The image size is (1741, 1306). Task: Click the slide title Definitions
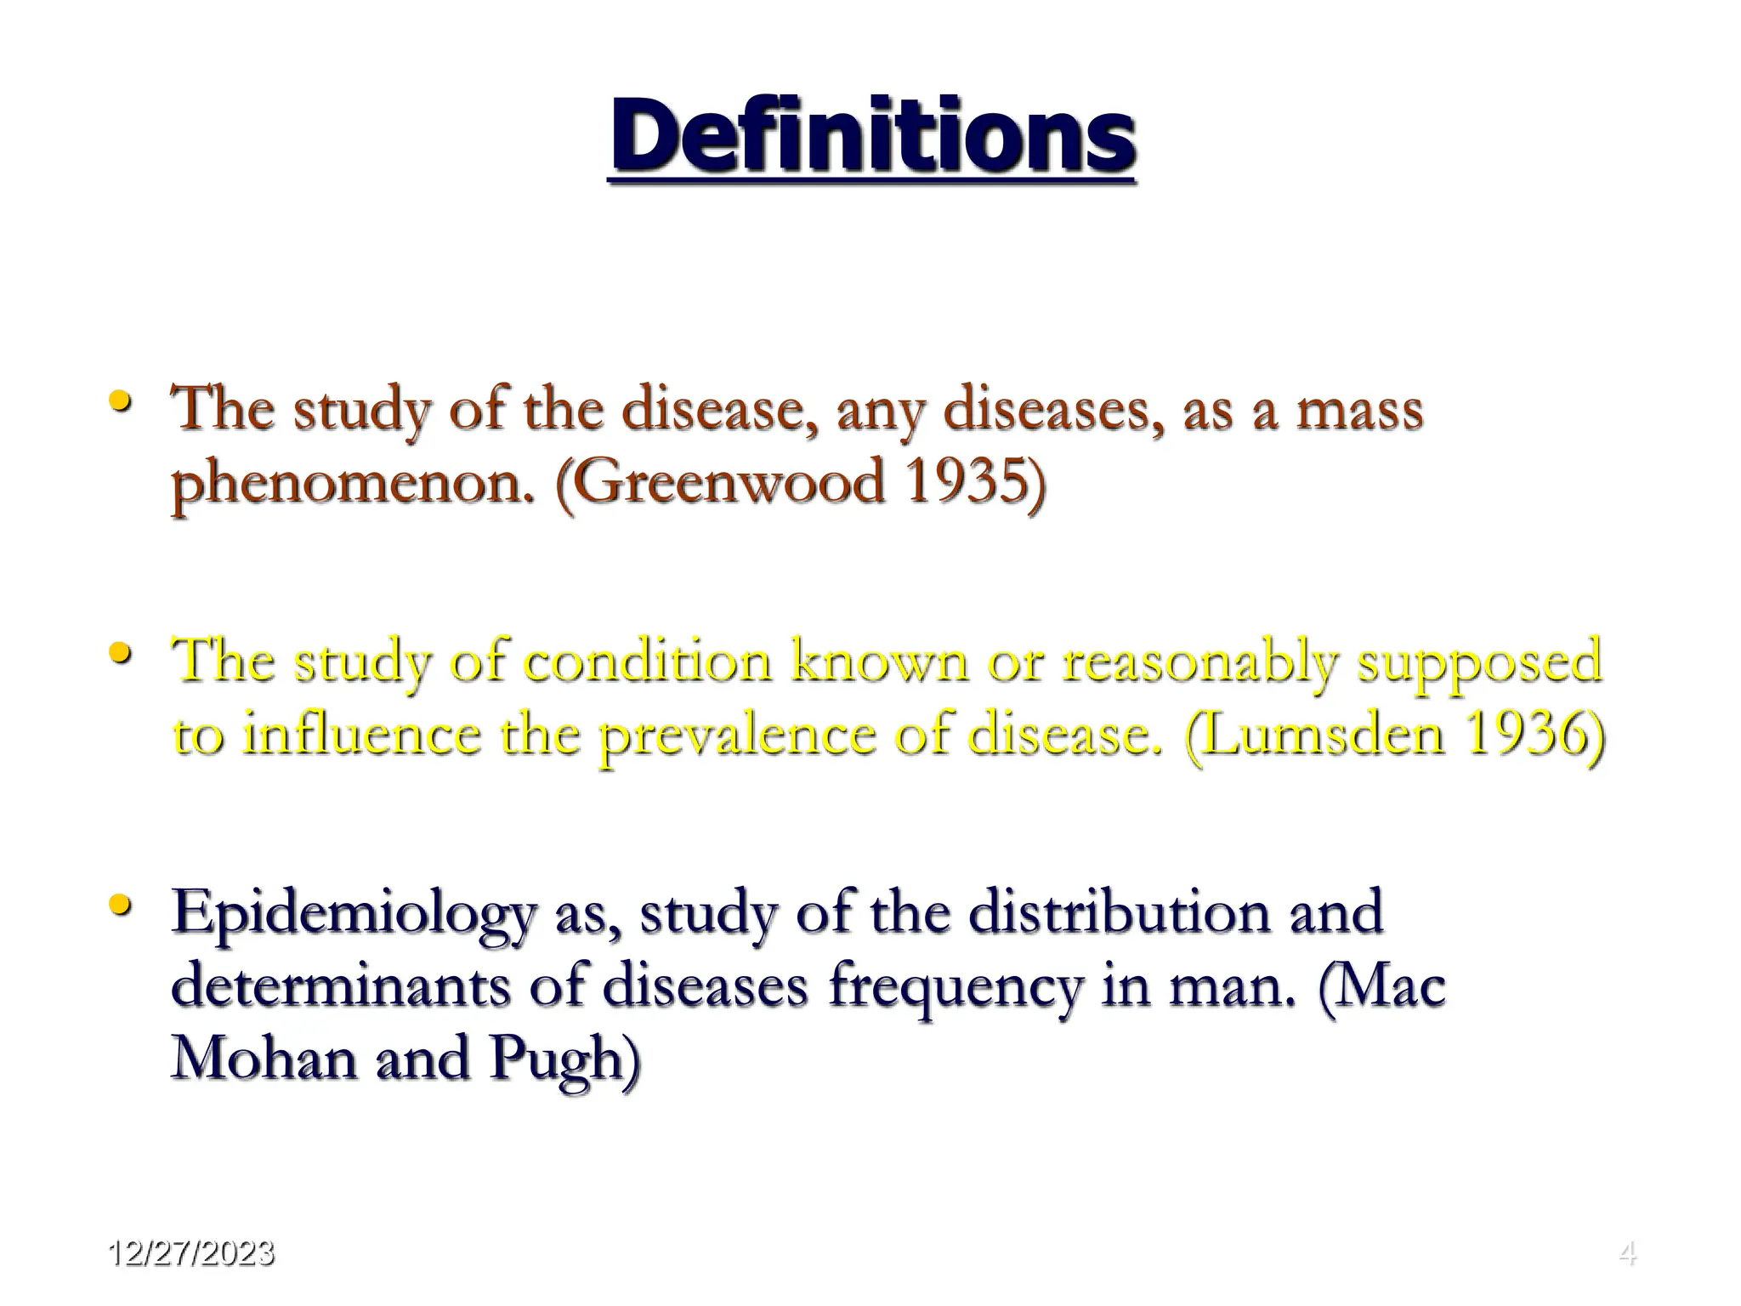(x=873, y=136)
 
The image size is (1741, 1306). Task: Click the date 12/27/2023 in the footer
(x=191, y=1253)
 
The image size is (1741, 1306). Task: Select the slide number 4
(x=1627, y=1253)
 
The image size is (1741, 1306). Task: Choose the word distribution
(x=1120, y=912)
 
